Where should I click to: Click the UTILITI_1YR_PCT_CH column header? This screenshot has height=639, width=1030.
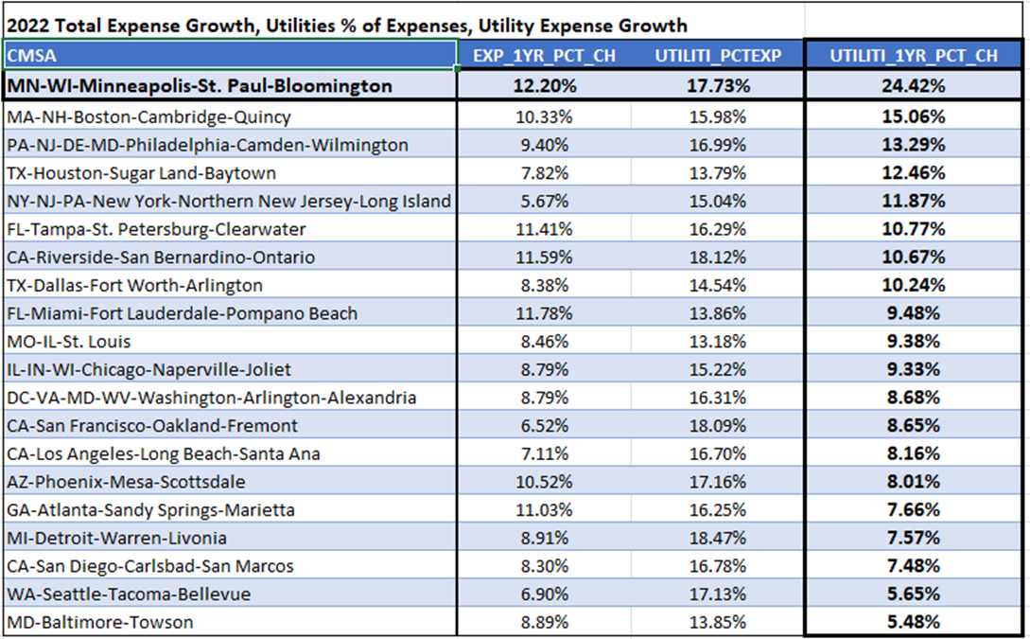914,56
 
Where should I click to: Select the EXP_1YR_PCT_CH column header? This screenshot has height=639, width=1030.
544,56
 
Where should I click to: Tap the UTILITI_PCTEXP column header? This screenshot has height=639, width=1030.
719,56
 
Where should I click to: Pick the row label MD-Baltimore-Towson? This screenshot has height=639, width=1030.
99,622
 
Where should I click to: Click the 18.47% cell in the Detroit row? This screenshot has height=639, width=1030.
719,538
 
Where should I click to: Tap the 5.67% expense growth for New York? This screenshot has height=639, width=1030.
544,201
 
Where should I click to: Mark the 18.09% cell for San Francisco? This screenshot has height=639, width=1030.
719,425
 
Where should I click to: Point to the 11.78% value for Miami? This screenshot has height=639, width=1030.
544,313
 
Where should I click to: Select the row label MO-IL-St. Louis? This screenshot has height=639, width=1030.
69,342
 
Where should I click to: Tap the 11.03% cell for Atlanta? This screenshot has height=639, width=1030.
544,509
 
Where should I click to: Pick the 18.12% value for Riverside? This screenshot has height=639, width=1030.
719,257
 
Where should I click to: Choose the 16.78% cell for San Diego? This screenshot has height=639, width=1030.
719,566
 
